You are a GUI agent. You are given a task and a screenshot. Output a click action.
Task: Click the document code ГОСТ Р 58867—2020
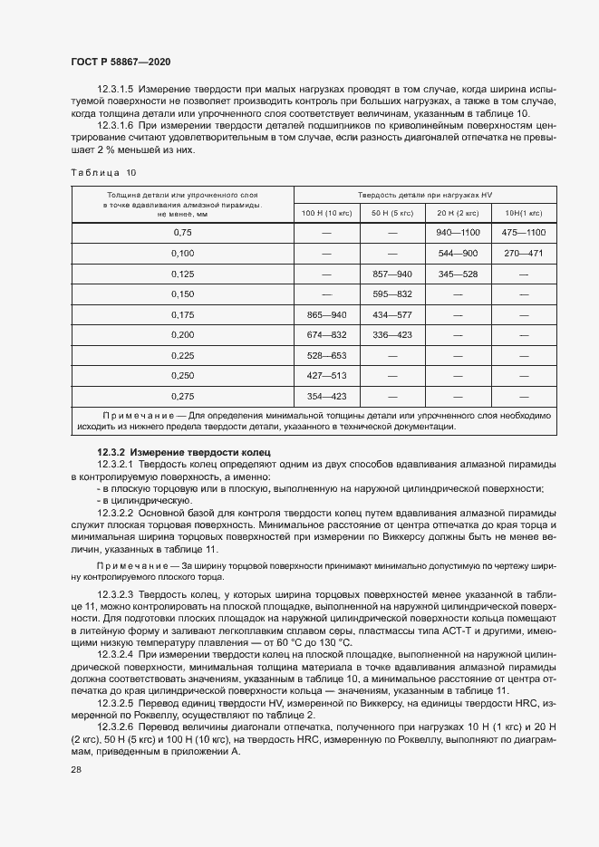121,62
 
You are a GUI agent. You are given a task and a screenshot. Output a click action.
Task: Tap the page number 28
75,769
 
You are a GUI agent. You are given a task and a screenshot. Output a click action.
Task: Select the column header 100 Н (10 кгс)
326,213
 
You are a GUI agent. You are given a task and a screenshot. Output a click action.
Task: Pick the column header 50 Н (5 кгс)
391,213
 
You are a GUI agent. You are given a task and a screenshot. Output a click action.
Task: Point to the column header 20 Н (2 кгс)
457,213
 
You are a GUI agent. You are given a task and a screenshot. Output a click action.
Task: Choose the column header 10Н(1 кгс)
523,213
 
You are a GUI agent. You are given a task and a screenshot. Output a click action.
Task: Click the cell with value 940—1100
457,233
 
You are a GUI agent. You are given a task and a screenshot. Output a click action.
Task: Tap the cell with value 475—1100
523,233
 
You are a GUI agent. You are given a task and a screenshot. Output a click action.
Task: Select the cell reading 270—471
523,254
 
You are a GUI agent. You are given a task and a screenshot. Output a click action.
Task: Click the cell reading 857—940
391,274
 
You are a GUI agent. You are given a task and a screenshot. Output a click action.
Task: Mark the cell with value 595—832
391,294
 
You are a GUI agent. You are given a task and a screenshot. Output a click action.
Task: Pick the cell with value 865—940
326,314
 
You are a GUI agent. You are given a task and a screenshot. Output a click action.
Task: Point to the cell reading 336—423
391,335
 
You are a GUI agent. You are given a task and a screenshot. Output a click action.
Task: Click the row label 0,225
183,355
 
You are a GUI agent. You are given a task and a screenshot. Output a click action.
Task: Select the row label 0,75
183,233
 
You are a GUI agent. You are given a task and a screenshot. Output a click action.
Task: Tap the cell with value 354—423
326,396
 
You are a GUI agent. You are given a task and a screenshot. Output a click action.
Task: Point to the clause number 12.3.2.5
115,703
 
